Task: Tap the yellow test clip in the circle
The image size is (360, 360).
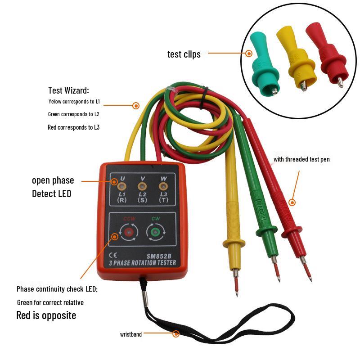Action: (296, 58)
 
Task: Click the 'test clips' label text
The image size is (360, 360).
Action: (184, 54)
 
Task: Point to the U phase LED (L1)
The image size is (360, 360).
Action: (121, 186)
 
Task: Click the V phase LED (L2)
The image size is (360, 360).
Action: (142, 186)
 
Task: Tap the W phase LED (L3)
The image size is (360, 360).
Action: (163, 186)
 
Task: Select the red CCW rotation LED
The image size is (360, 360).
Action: (129, 232)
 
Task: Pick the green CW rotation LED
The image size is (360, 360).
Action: (155, 232)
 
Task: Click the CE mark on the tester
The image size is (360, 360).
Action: (113, 255)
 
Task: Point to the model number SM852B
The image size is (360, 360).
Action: (159, 256)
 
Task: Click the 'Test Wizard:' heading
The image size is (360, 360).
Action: (68, 90)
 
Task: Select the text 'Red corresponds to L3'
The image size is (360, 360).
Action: (73, 127)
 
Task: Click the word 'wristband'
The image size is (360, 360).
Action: (131, 334)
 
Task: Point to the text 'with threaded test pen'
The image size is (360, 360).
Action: (301, 159)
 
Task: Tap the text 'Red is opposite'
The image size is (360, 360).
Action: (46, 315)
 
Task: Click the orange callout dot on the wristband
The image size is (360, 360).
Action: (176, 334)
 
